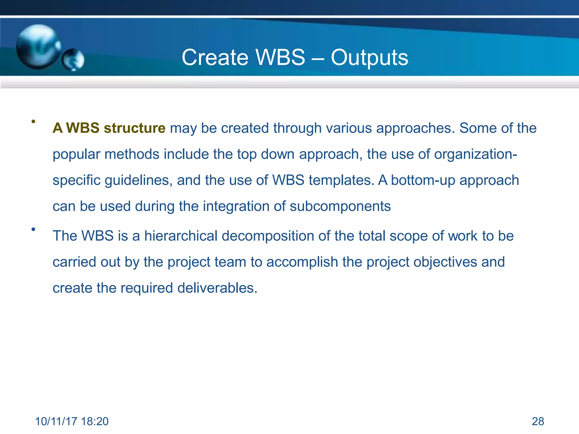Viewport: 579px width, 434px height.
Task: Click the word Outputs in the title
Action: [369, 58]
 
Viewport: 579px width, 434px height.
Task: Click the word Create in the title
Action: [215, 58]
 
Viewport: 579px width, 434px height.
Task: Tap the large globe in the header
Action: [38, 47]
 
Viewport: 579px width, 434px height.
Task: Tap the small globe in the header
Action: [73, 60]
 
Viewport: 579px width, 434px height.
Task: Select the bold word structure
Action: [135, 128]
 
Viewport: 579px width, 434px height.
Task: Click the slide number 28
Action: [538, 421]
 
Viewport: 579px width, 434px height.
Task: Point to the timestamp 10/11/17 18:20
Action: [72, 421]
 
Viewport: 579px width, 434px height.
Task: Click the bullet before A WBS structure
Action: [33, 121]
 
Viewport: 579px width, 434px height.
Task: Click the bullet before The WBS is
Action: [33, 229]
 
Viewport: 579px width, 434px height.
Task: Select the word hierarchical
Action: [181, 236]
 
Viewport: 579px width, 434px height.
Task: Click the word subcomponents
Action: [340, 206]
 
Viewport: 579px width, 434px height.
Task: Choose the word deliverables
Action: [217, 288]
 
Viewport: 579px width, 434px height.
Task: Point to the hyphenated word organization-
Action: [476, 154]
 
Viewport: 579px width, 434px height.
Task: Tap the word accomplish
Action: [302, 262]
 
